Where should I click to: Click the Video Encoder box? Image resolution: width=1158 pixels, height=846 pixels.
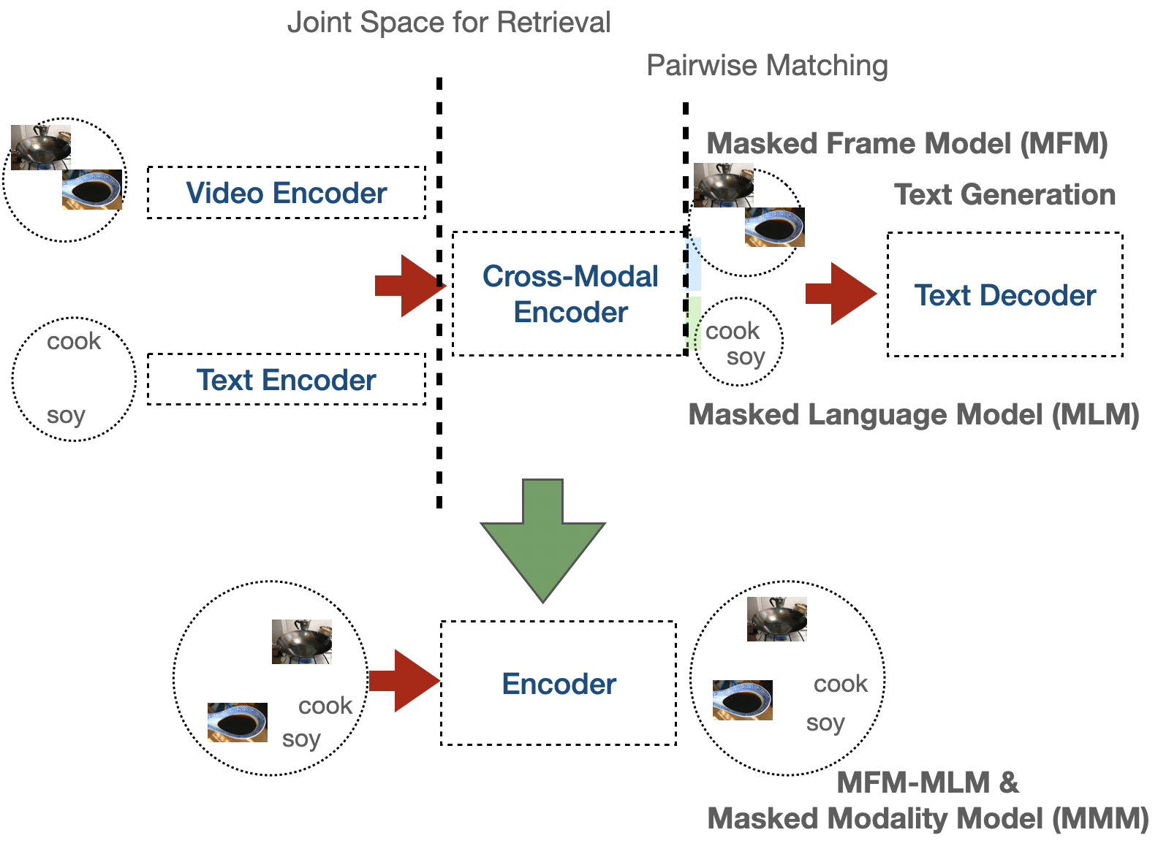(x=286, y=193)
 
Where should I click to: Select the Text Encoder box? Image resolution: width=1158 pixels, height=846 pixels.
(x=286, y=380)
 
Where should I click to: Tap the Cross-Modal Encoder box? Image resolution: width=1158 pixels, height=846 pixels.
(x=569, y=294)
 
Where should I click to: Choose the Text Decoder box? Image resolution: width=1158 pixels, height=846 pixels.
(x=1004, y=295)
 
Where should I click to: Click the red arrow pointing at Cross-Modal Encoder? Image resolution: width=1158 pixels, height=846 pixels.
(x=410, y=286)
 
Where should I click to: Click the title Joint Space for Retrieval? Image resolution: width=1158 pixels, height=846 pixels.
(x=448, y=23)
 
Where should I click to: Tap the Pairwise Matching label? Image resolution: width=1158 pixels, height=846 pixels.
(x=767, y=66)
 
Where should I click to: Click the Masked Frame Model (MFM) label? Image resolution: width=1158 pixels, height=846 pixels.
(x=907, y=143)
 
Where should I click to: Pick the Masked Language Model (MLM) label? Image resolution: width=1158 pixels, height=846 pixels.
(x=914, y=415)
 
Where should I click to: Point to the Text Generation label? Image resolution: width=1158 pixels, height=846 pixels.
(x=1004, y=195)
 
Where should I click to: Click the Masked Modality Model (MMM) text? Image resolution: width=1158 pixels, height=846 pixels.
(x=928, y=819)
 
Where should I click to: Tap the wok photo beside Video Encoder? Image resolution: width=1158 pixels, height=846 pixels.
(x=40, y=147)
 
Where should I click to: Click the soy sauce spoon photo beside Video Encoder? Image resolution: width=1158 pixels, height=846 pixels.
(x=92, y=190)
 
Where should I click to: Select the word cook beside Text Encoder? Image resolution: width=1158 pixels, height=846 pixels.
(x=74, y=341)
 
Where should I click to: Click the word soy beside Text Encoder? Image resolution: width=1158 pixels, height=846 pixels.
(x=66, y=415)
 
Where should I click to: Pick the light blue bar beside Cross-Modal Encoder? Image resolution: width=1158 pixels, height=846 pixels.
(x=695, y=264)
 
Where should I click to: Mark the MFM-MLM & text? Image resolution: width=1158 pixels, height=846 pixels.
(x=927, y=783)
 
